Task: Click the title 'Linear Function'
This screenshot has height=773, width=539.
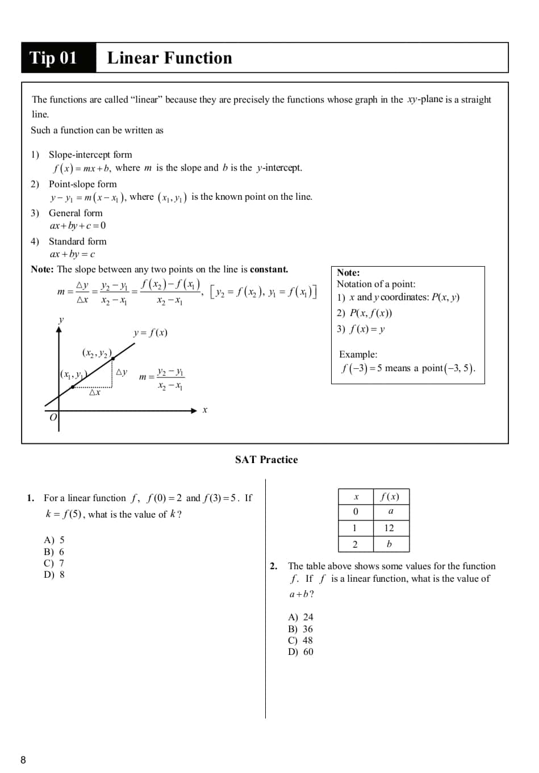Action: pyautogui.click(x=169, y=58)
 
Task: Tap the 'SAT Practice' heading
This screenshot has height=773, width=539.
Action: pyautogui.click(x=266, y=460)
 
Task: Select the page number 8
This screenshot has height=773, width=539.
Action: pyautogui.click(x=23, y=760)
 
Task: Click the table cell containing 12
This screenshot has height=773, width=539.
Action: pyautogui.click(x=389, y=528)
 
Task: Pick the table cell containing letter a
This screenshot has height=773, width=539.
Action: pyautogui.click(x=391, y=511)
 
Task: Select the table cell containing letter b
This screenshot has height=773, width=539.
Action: pyautogui.click(x=389, y=544)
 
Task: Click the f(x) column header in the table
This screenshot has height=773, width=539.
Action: pyautogui.click(x=390, y=497)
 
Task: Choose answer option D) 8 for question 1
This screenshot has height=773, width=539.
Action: pyautogui.click(x=55, y=574)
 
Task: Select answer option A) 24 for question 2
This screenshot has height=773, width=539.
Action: pyautogui.click(x=301, y=617)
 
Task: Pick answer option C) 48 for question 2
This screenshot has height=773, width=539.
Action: pyautogui.click(x=301, y=640)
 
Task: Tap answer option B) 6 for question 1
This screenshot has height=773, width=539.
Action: pyautogui.click(x=55, y=552)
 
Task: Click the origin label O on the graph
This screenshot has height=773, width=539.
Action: pyautogui.click(x=53, y=417)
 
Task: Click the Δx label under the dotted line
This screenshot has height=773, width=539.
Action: pyautogui.click(x=95, y=392)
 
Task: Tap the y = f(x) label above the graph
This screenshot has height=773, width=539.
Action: pyautogui.click(x=151, y=333)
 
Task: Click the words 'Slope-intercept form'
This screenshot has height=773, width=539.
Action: pyautogui.click(x=90, y=154)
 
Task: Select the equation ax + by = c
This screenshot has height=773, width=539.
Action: pyautogui.click(x=72, y=254)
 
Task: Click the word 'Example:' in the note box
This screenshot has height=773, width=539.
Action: pyautogui.click(x=358, y=354)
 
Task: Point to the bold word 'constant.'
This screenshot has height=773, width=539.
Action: pyautogui.click(x=269, y=270)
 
